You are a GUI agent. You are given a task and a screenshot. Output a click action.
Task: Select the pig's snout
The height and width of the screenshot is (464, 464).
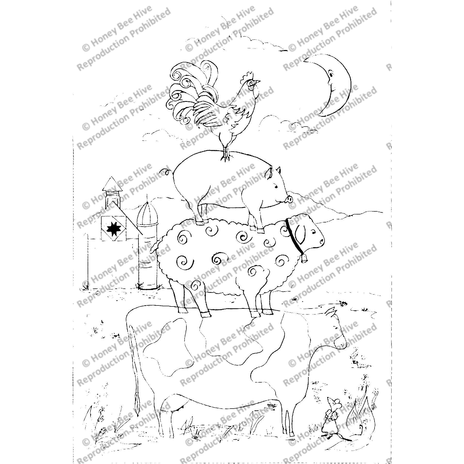point(290,199)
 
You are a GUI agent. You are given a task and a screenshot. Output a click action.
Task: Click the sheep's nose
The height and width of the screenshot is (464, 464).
point(322,241)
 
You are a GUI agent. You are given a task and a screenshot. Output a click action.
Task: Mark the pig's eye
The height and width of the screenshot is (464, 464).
point(276,186)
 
